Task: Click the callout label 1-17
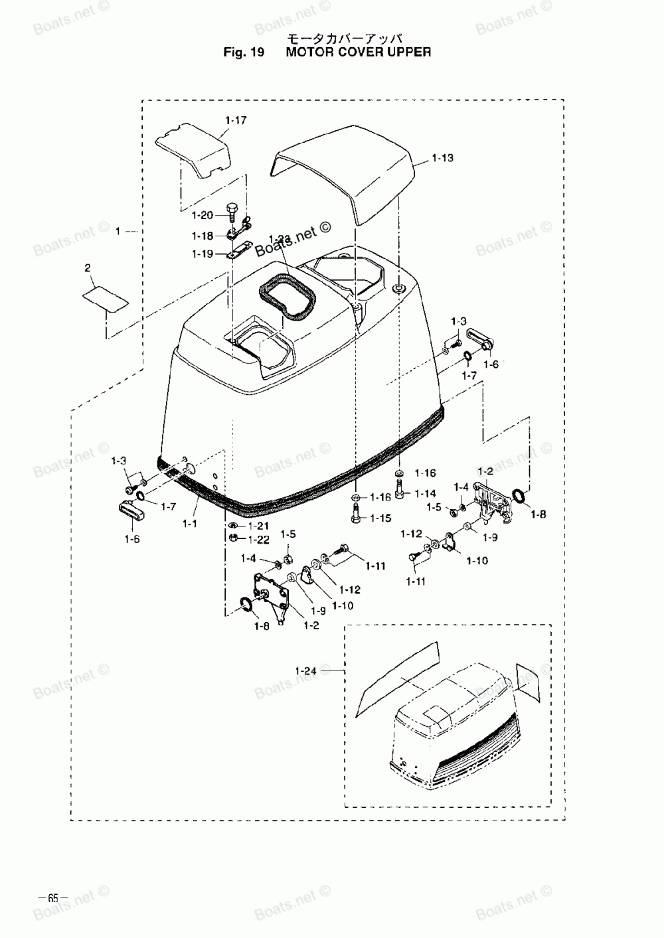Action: click(236, 121)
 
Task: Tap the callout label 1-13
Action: click(442, 158)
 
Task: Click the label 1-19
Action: click(203, 254)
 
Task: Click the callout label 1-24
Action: click(305, 670)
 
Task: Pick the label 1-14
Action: click(426, 493)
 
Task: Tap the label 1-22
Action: click(258, 538)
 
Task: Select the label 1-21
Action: click(258, 526)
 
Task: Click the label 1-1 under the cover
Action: click(190, 524)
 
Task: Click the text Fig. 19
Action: click(244, 52)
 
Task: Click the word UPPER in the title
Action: click(408, 52)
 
